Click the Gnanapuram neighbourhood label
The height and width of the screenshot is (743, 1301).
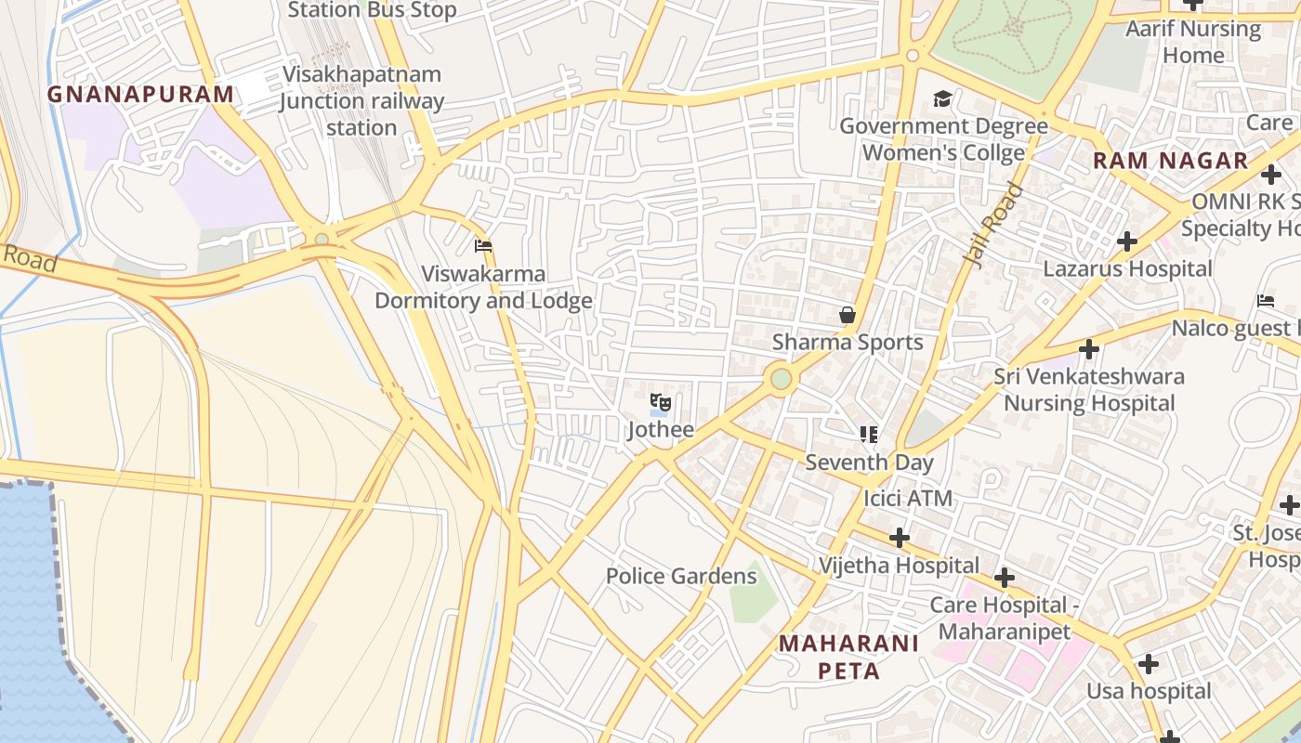pyautogui.click(x=140, y=94)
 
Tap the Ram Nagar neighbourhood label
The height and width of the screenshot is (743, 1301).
pyautogui.click(x=1170, y=160)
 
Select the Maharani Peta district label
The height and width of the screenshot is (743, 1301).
pyautogui.click(x=848, y=657)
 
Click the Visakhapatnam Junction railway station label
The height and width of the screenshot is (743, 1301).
pyautogui.click(x=361, y=100)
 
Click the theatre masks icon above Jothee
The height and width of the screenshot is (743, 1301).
pyautogui.click(x=660, y=402)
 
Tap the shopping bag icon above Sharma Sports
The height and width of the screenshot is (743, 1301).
pyautogui.click(x=848, y=315)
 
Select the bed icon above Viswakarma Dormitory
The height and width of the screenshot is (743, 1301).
pyautogui.click(x=483, y=246)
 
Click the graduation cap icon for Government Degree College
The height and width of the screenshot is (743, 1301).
pyautogui.click(x=943, y=98)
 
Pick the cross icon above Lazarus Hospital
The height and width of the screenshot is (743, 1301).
pyautogui.click(x=1127, y=241)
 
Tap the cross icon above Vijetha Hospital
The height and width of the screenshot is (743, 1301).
pyautogui.click(x=899, y=538)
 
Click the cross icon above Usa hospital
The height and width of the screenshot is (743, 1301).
pyautogui.click(x=1149, y=664)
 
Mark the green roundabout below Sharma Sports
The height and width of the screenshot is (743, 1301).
pyautogui.click(x=782, y=379)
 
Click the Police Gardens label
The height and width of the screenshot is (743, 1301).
pyautogui.click(x=681, y=576)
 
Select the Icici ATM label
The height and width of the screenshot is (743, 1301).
pyautogui.click(x=908, y=498)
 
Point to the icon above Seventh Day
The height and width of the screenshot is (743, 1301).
pyautogui.click(x=869, y=434)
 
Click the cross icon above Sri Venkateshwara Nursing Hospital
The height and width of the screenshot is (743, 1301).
pyautogui.click(x=1089, y=349)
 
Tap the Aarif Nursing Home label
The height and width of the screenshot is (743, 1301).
pyautogui.click(x=1193, y=42)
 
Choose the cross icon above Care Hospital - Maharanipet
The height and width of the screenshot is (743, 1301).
pyautogui.click(x=1004, y=578)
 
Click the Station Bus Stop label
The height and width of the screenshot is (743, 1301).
pyautogui.click(x=372, y=10)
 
